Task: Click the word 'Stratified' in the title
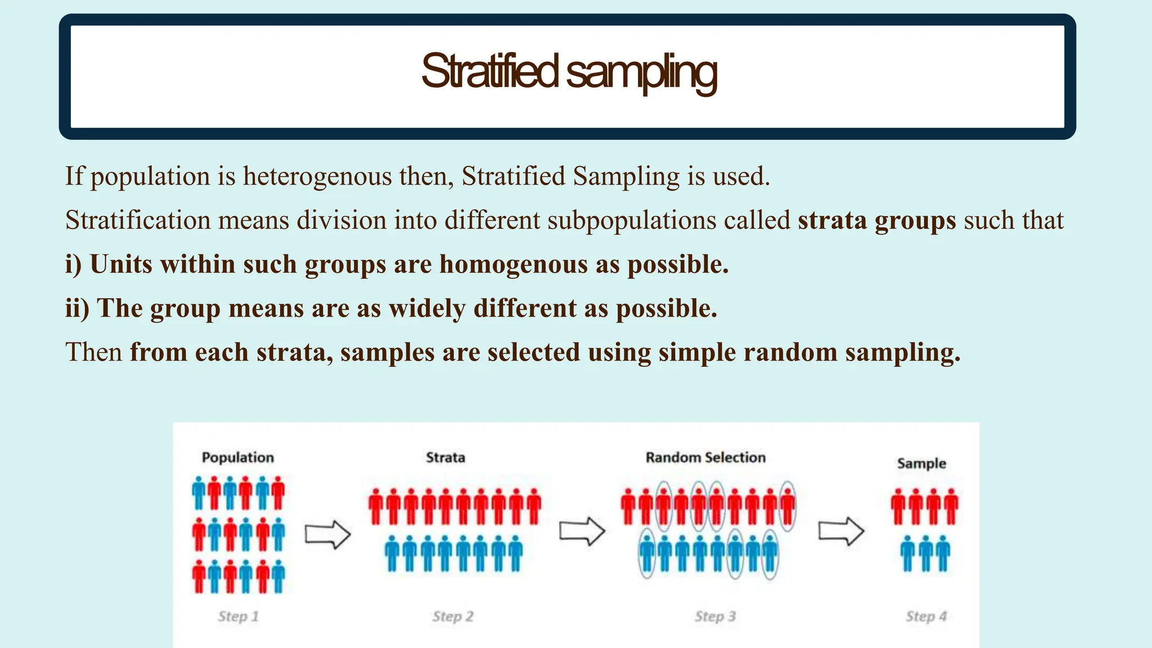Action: click(x=489, y=72)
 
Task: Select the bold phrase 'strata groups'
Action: click(x=876, y=220)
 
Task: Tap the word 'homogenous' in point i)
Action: click(x=513, y=264)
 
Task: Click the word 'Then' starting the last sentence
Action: click(x=93, y=353)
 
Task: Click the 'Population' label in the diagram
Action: click(x=238, y=457)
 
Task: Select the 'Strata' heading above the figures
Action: click(x=445, y=457)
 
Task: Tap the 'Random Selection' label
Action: click(x=705, y=457)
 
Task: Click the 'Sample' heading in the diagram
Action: click(x=921, y=463)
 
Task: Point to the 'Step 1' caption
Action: click(x=238, y=616)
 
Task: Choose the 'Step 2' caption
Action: click(x=453, y=616)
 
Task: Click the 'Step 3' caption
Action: click(x=715, y=616)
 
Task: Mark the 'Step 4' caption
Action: click(x=926, y=616)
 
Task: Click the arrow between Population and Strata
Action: click(x=327, y=534)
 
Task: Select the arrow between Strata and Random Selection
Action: click(x=582, y=531)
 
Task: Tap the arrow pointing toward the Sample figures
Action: click(x=840, y=531)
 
